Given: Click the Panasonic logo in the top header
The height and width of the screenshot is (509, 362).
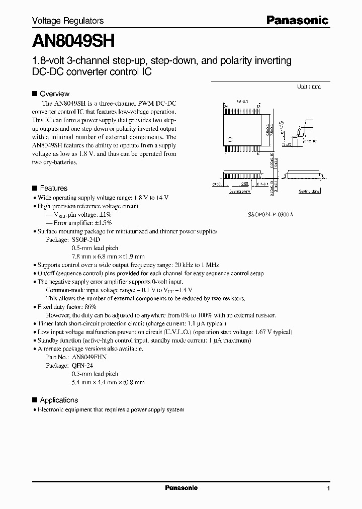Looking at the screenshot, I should click(297, 20).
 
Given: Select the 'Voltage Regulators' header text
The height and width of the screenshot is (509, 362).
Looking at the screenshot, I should click(68, 21).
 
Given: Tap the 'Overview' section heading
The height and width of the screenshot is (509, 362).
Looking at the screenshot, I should click(54, 94).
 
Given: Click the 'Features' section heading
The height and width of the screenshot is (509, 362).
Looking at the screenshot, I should click(53, 188).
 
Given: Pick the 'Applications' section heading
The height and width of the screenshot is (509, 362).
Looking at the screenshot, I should click(59, 400).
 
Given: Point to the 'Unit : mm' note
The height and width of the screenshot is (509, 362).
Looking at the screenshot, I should click(309, 87).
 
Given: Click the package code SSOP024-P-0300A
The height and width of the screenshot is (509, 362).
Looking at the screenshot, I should click(270, 214).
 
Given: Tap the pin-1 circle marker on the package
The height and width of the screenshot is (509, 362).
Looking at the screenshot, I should click(230, 139).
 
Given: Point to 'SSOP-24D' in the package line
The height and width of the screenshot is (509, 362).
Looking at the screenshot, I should click(86, 240).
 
